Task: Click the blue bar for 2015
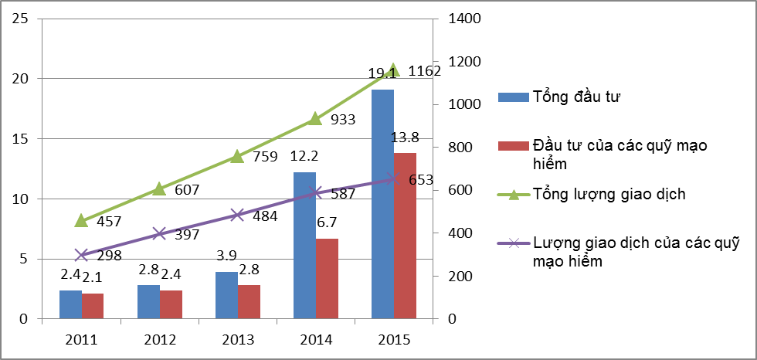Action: [382, 204]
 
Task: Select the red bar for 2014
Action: [327, 278]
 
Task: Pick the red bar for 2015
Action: [405, 236]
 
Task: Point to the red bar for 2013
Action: [249, 302]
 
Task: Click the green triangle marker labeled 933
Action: [315, 119]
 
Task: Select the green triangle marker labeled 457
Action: [81, 221]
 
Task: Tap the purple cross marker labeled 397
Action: [159, 233]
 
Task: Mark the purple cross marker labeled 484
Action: [237, 215]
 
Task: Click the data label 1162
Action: [424, 72]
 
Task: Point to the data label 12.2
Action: [304, 157]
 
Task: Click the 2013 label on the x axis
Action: [237, 339]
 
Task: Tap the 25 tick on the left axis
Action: [20, 19]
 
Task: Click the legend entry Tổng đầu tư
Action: [577, 97]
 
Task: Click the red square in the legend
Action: [510, 146]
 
